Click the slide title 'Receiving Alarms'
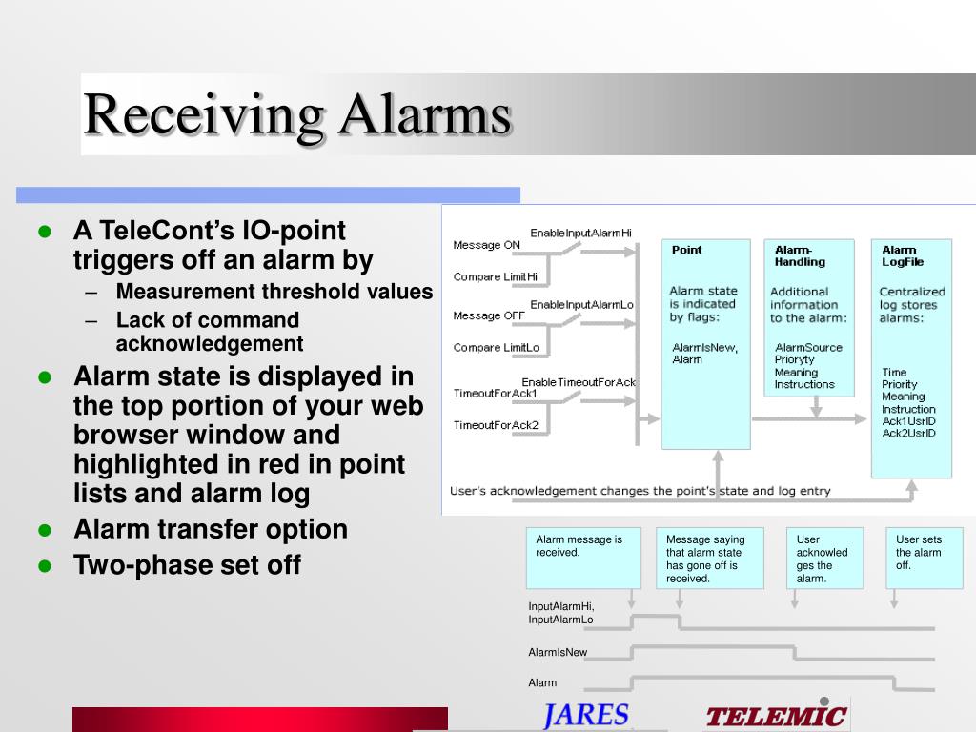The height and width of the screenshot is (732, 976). [x=297, y=115]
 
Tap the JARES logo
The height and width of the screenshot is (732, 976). [x=586, y=715]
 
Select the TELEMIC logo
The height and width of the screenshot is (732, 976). [x=776, y=716]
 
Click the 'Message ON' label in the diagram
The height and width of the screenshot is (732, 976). [x=486, y=245]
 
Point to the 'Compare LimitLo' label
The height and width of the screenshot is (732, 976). [x=496, y=347]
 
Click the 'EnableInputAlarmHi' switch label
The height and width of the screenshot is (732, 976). [x=580, y=233]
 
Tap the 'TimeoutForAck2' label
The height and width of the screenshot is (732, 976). [x=496, y=425]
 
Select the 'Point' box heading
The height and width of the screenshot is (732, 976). [x=686, y=250]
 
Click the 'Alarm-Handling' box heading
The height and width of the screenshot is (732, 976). [x=800, y=255]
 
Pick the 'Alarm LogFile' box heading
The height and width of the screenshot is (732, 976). [x=903, y=255]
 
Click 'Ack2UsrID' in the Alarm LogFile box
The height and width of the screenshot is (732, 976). [x=908, y=434]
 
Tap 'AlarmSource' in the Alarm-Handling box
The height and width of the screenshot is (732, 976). [x=808, y=347]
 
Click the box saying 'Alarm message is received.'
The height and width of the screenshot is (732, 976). [x=583, y=558]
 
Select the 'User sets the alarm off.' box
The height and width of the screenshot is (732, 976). [x=925, y=558]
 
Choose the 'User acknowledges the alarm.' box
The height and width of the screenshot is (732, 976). [x=824, y=558]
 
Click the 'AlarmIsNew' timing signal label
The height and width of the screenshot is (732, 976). [x=558, y=652]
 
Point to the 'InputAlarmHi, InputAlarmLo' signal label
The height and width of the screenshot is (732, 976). [x=560, y=613]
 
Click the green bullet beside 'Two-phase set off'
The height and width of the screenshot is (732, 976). [x=45, y=566]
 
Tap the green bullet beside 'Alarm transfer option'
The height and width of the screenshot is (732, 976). [x=45, y=530]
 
